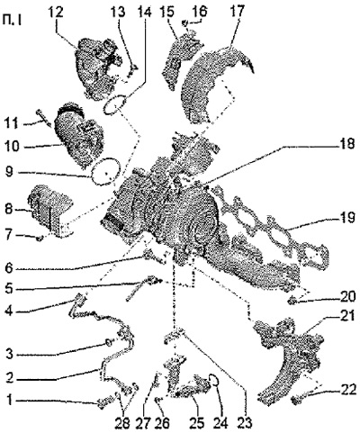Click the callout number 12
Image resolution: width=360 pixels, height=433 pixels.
(x=57, y=13)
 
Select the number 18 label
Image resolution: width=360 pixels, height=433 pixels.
(x=346, y=145)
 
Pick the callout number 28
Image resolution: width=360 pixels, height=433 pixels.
(x=122, y=423)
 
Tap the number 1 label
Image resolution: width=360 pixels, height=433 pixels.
(x=11, y=401)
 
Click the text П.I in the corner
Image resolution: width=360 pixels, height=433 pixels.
(x=11, y=21)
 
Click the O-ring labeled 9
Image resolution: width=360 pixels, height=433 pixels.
(x=105, y=171)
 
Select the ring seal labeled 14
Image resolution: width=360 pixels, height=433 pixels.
(x=114, y=104)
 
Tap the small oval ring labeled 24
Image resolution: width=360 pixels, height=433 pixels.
(x=214, y=380)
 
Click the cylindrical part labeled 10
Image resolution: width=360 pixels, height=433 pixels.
(x=78, y=135)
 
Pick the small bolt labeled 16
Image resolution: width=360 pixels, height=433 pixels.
(x=186, y=23)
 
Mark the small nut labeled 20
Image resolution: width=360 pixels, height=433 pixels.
(x=291, y=301)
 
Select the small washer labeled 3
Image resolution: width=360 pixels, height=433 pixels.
(x=109, y=342)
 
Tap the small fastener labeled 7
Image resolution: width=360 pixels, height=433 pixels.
(x=40, y=239)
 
